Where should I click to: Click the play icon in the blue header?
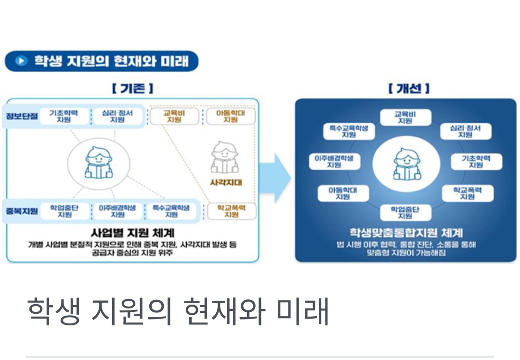20,61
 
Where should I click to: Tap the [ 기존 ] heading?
132,89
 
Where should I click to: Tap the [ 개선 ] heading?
408,89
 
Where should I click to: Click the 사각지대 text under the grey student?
225,183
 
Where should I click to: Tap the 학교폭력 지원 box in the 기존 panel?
231,211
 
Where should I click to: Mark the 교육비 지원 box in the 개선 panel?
405,117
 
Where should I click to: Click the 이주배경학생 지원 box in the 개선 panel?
334,161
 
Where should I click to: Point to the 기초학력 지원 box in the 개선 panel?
476,161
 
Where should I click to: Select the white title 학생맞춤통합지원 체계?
406,233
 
